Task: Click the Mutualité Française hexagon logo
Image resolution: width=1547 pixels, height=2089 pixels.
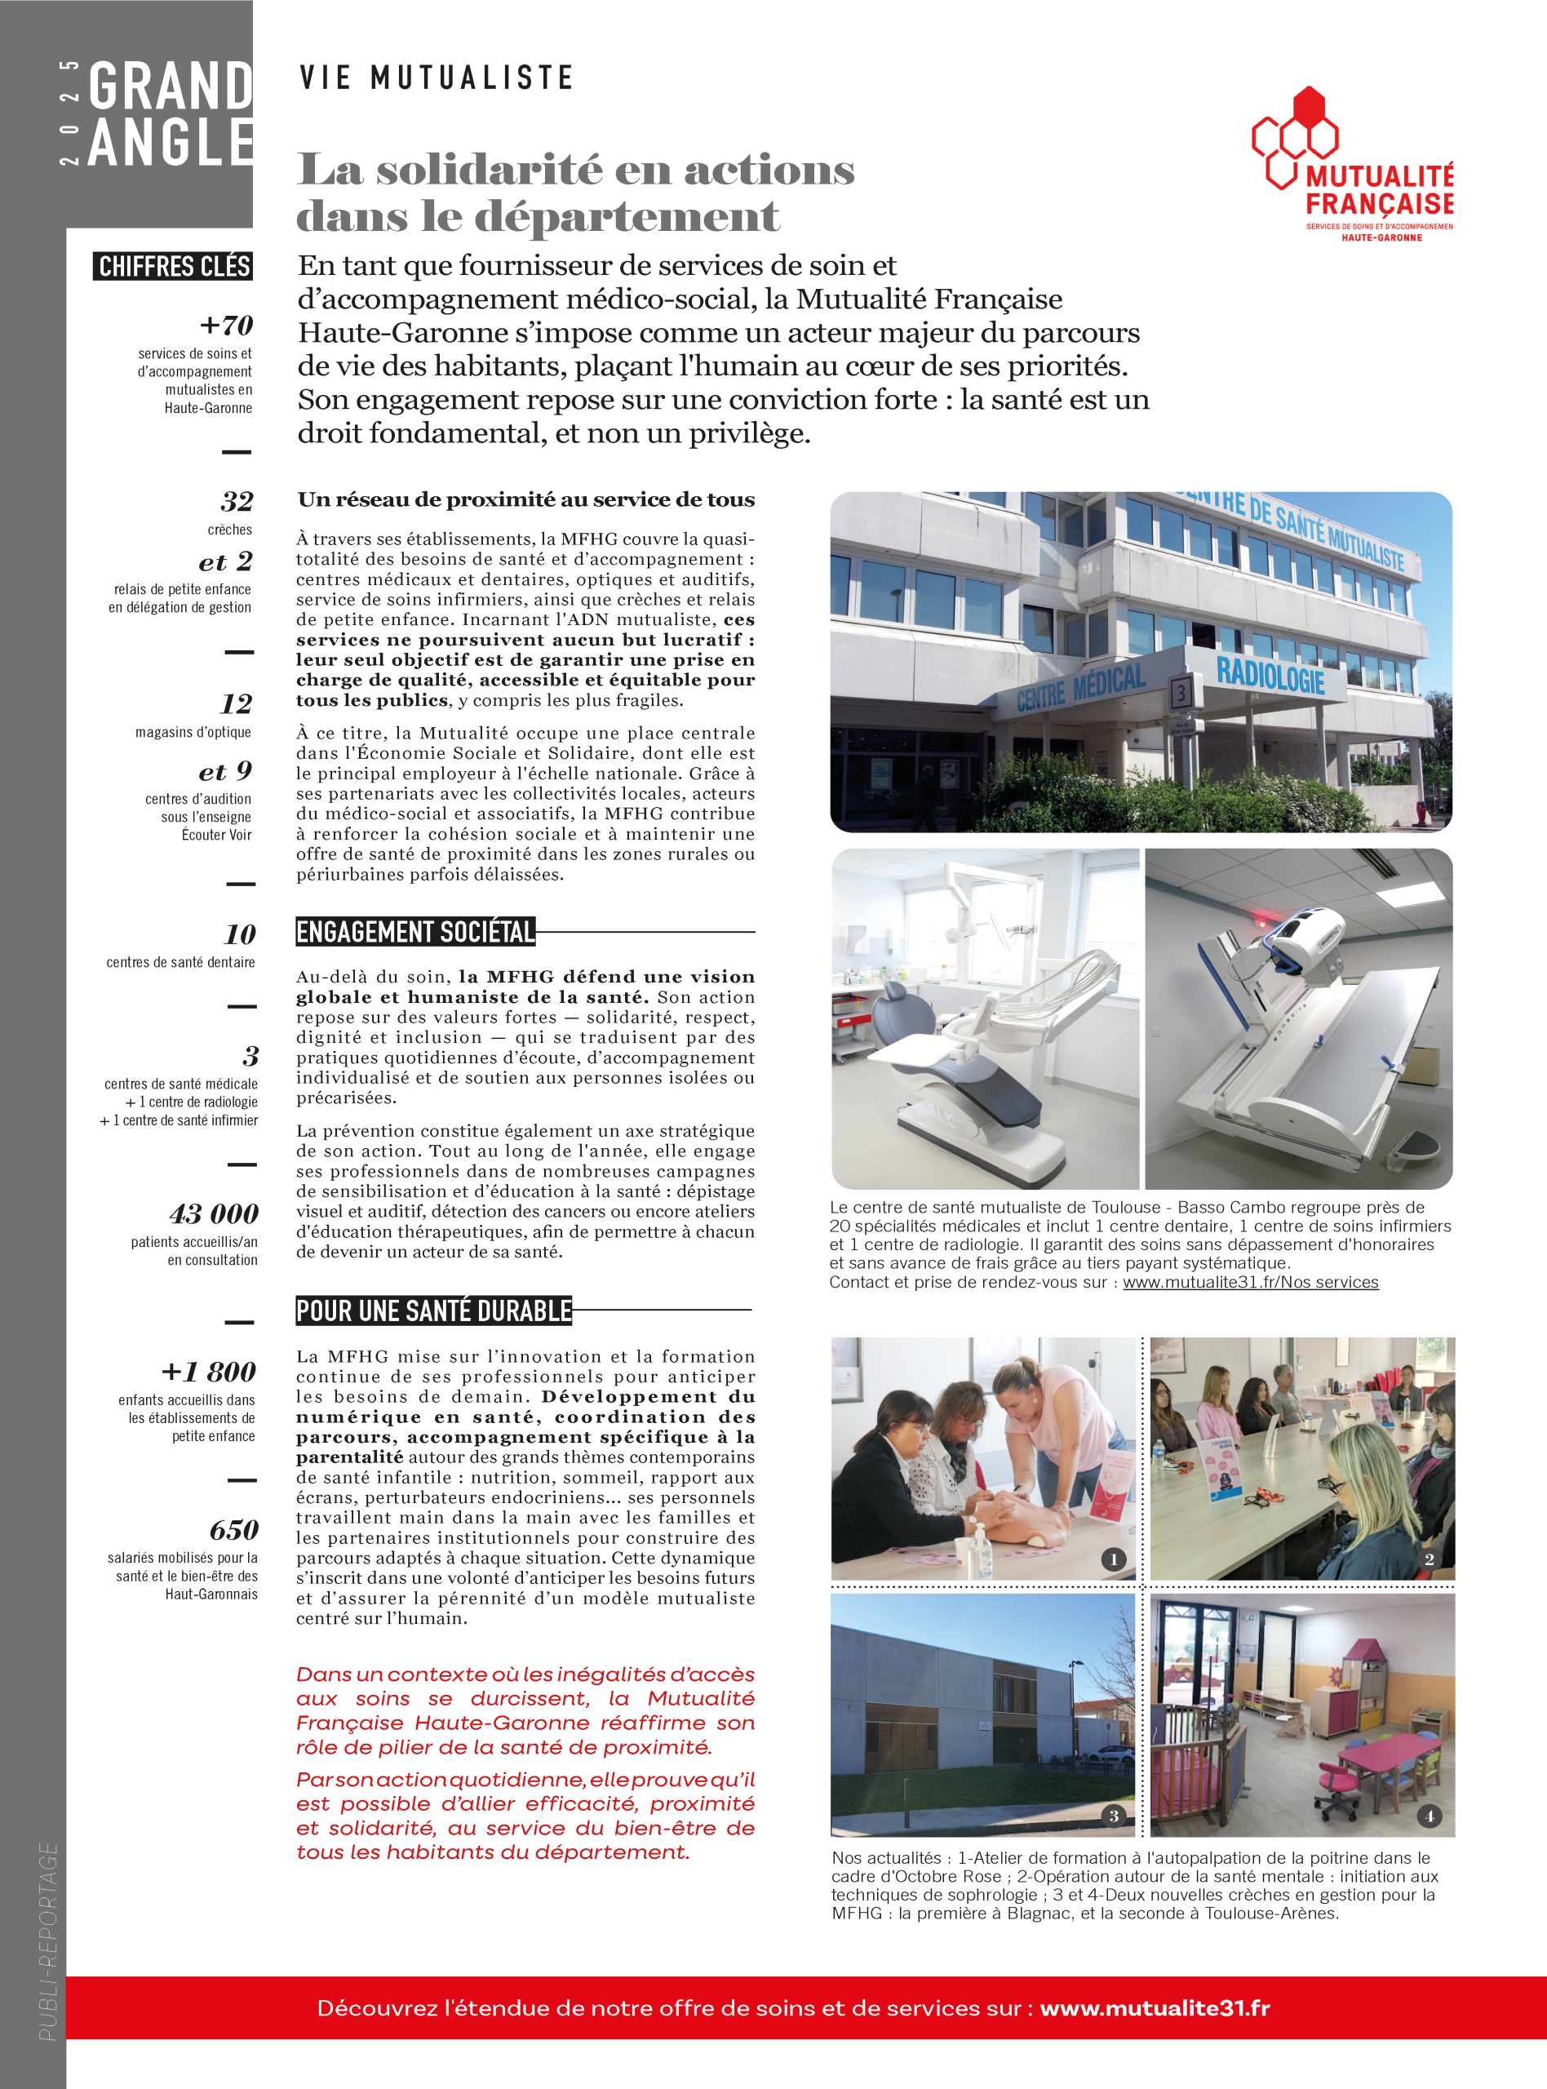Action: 1295,138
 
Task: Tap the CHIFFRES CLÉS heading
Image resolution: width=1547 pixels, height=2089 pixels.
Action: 173,267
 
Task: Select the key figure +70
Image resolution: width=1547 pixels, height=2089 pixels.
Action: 227,326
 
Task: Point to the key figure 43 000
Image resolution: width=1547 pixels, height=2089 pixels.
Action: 214,1214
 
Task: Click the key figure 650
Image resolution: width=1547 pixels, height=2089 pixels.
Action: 233,1530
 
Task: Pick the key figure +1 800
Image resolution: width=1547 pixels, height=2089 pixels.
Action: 209,1372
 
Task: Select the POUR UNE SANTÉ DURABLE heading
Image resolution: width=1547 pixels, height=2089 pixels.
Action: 433,1310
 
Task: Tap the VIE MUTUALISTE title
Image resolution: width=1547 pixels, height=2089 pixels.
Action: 436,78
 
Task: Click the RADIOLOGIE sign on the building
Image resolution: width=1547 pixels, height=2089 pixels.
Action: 1270,676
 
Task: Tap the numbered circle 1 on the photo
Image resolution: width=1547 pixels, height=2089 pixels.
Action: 1112,1559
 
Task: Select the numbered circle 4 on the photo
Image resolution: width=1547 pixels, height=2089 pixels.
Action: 1429,1816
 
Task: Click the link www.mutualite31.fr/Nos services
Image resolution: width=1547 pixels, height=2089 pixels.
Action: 1250,1282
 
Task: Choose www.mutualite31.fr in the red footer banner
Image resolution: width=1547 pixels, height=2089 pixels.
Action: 1155,2007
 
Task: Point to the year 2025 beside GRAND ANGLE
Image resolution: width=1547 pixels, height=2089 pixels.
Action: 69,113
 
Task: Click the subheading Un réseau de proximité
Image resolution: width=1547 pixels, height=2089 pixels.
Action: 525,500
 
